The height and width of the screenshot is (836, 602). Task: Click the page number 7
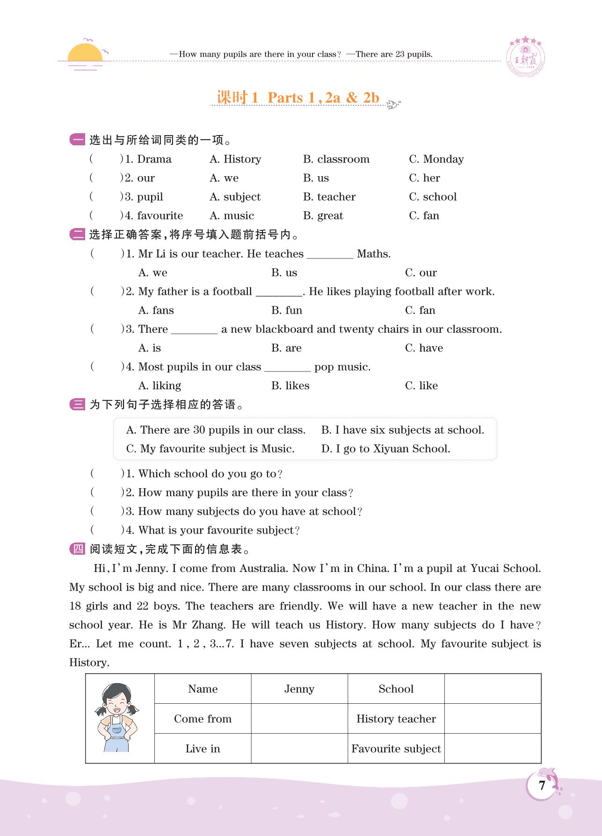(542, 786)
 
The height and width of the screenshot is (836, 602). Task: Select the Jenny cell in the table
(299, 689)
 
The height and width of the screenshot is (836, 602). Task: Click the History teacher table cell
(396, 719)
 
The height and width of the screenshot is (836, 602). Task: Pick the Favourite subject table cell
(396, 749)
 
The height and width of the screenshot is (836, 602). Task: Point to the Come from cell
(203, 719)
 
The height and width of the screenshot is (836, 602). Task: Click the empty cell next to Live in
(299, 749)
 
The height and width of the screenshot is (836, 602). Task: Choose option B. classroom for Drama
(336, 159)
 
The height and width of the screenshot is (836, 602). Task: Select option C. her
(424, 178)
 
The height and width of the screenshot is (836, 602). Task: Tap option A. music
(232, 216)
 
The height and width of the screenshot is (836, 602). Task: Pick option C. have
(424, 348)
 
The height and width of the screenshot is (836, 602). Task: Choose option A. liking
(160, 386)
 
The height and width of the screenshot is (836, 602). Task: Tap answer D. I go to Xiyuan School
(385, 449)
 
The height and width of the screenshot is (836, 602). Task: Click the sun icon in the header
(85, 54)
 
